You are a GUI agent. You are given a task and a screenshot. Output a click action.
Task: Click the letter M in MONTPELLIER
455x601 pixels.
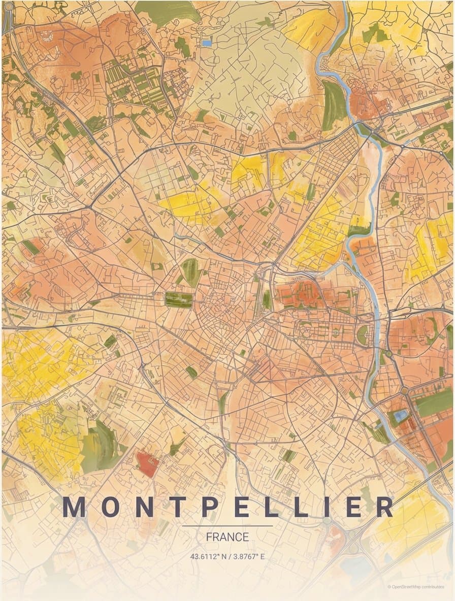pyautogui.click(x=74, y=507)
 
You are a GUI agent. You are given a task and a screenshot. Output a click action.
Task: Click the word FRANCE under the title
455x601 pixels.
pyautogui.click(x=227, y=537)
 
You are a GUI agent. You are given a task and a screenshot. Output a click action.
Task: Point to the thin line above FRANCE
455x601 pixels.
pyautogui.click(x=227, y=526)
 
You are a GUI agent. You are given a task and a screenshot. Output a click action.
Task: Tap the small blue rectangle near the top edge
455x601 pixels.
pyautogui.click(x=207, y=44)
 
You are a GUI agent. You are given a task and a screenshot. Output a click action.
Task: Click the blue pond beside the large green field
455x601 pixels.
pyautogui.click(x=401, y=416)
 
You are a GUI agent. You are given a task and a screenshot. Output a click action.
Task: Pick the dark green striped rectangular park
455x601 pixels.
pyautogui.click(x=179, y=299)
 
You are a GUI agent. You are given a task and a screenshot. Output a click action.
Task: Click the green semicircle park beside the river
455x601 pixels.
pyautogui.click(x=363, y=335)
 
